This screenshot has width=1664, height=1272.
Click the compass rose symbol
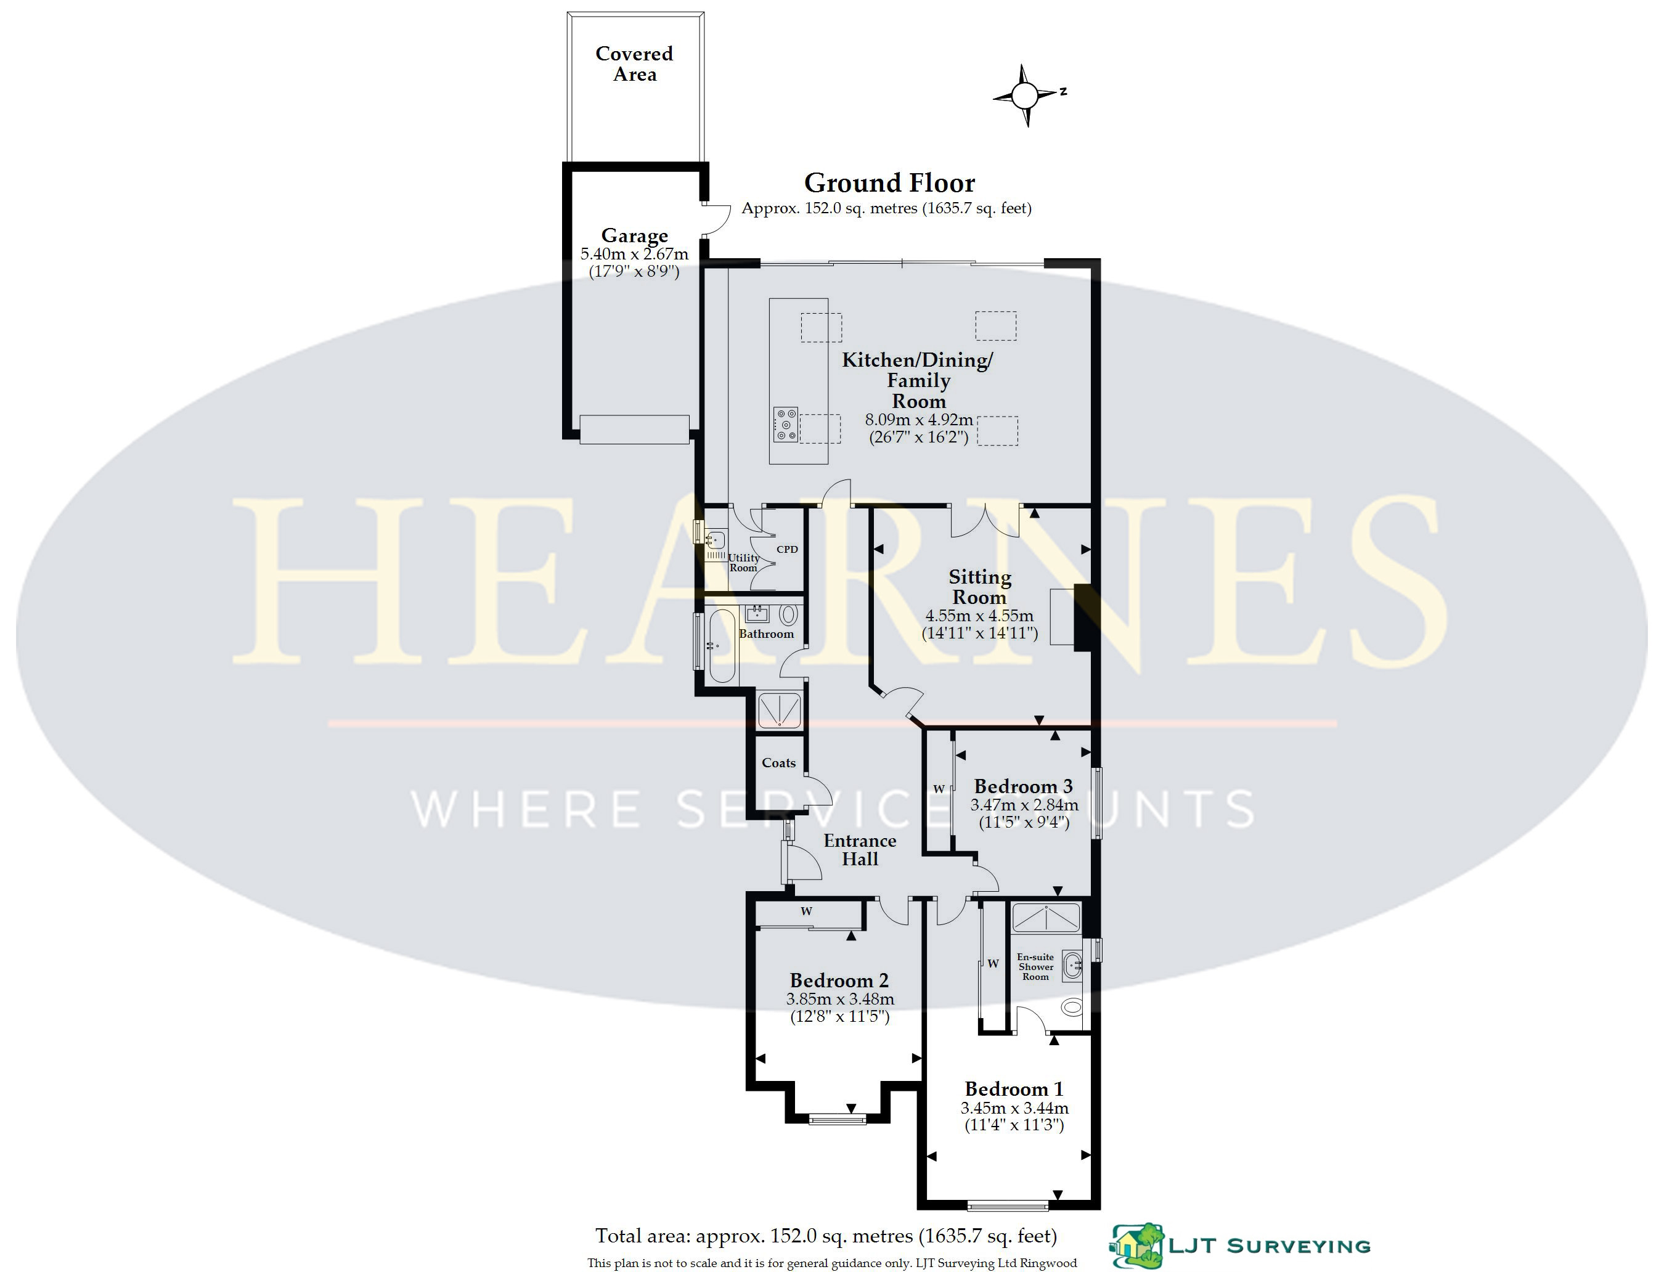[x=1026, y=96]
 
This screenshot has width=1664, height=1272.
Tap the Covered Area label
[x=634, y=63]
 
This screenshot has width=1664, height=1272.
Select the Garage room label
[x=634, y=235]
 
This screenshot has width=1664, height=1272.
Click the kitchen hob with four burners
[x=786, y=425]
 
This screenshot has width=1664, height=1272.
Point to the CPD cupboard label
[x=788, y=549]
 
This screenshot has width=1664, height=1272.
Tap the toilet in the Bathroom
[x=789, y=614]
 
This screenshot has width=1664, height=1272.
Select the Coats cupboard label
[x=779, y=763]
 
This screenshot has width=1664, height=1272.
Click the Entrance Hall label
[x=860, y=849]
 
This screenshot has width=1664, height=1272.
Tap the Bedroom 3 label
[x=1024, y=786]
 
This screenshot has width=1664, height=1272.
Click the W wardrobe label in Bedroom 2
[x=806, y=911]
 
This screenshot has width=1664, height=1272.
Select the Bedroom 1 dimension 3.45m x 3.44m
[x=1014, y=1107]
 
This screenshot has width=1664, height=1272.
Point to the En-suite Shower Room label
[x=1035, y=967]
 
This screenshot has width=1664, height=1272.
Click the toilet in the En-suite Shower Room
[x=1071, y=1006]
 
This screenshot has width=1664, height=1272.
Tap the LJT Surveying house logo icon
[x=1138, y=1245]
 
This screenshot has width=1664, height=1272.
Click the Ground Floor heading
[x=889, y=182]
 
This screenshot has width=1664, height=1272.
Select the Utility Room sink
[x=715, y=540]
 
